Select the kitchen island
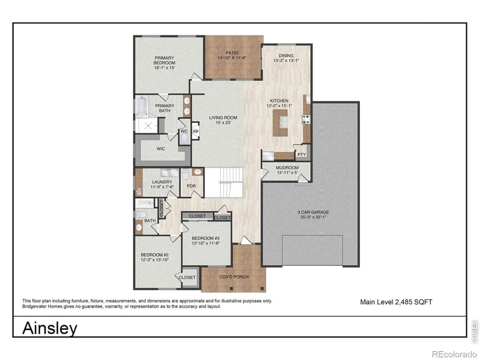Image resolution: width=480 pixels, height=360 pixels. coord(280,123)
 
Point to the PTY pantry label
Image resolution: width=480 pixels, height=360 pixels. coord(301,154)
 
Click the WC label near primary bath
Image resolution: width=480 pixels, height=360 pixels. coord(184,131)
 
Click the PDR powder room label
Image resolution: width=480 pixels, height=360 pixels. coord(191,186)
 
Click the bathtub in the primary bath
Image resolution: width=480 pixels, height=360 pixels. coord(142,107)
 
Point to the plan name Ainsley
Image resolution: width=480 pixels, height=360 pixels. coord(50,328)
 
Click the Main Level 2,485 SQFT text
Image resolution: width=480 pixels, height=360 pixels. coord(395,302)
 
